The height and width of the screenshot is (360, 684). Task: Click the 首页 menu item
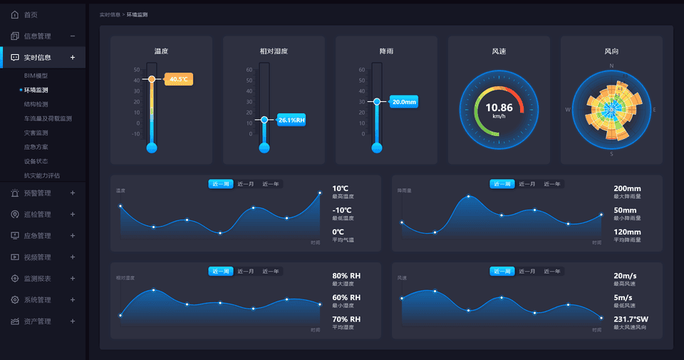tap(30, 14)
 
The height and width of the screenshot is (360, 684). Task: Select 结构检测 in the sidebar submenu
tap(36, 104)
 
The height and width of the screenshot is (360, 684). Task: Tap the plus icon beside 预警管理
tap(73, 192)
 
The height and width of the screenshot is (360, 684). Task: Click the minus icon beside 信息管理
tap(73, 36)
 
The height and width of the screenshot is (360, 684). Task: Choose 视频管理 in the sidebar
tap(37, 257)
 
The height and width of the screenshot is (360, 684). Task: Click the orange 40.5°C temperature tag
tap(179, 79)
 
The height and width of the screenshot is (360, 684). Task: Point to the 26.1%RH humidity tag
tap(291, 120)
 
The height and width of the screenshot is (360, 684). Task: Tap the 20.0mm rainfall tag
tap(404, 102)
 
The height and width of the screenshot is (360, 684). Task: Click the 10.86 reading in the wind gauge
tap(499, 107)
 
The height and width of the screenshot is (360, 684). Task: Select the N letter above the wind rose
tap(611, 66)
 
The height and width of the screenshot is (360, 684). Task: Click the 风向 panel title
tap(611, 51)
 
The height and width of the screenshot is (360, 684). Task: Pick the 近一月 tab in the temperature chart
tap(246, 184)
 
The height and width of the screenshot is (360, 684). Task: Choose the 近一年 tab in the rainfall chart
tap(552, 184)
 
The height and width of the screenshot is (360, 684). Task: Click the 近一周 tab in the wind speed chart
tap(502, 271)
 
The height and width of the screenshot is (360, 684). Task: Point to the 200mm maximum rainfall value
tap(627, 189)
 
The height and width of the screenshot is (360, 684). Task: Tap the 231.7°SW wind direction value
tap(631, 319)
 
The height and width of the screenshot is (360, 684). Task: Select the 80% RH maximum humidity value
tap(346, 276)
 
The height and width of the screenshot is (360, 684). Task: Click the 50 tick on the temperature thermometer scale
tap(136, 70)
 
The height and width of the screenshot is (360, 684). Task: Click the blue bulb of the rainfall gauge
tap(377, 148)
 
